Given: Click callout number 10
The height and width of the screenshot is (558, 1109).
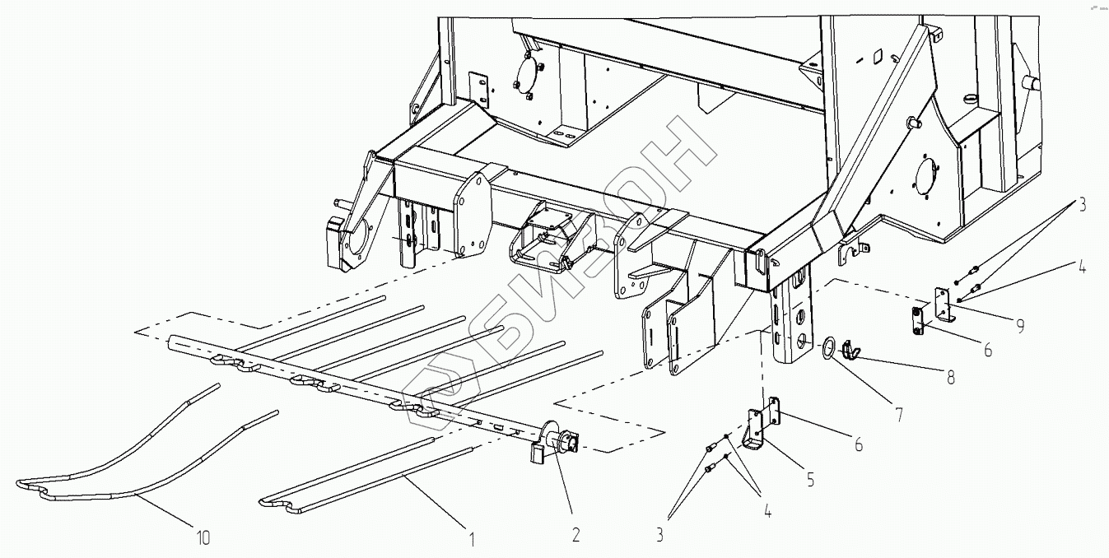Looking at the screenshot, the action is (x=203, y=539).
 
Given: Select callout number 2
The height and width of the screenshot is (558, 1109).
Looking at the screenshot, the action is (x=575, y=536).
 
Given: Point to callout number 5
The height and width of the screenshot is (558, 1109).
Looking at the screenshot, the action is (x=811, y=478).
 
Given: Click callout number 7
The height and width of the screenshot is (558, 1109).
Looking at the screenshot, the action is (x=898, y=416).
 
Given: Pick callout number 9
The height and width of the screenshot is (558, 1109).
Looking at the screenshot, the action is (x=1021, y=326).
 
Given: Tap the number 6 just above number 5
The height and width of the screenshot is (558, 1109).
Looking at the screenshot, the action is (x=858, y=444).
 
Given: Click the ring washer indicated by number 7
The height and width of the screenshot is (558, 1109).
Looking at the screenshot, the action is (x=829, y=348).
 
